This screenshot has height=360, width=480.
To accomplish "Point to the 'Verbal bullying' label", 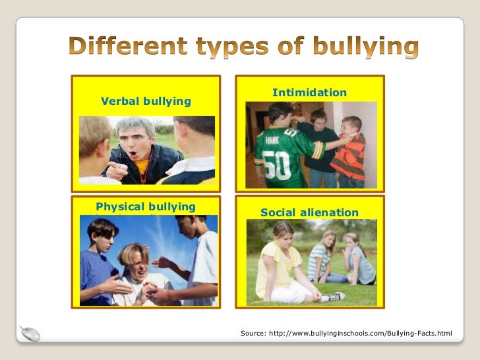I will point(146,101).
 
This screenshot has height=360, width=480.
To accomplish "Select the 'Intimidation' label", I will point(309,93).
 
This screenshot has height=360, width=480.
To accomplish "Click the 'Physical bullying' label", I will point(146,206).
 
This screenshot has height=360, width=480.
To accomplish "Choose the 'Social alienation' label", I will point(309,212).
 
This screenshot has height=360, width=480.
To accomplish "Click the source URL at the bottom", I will point(346,334).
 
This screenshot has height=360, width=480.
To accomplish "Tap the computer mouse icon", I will point(30,334).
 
